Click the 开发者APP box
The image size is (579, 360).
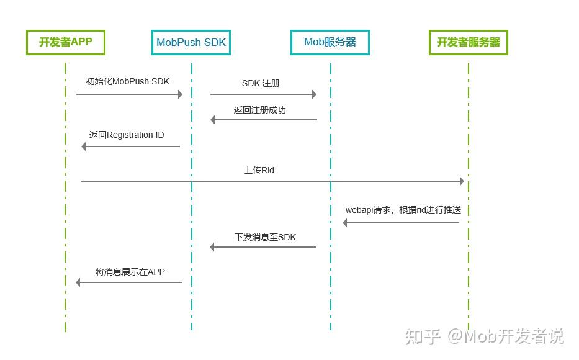pyautogui.click(x=65, y=42)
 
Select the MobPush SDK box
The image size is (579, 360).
pyautogui.click(x=191, y=42)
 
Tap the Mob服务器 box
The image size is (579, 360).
pyautogui.click(x=330, y=42)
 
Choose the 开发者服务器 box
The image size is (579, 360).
pyautogui.click(x=469, y=42)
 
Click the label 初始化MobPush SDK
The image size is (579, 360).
pyautogui.click(x=128, y=81)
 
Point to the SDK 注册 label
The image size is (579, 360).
pyautogui.click(x=261, y=83)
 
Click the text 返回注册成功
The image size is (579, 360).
pyautogui.click(x=260, y=110)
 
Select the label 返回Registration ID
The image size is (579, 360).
pyautogui.click(x=127, y=135)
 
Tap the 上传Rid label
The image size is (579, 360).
pyautogui.click(x=259, y=169)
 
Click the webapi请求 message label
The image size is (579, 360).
pyautogui.click(x=407, y=210)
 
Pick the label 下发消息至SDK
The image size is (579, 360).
pyautogui.click(x=265, y=236)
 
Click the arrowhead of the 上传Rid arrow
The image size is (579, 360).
pyautogui.click(x=461, y=181)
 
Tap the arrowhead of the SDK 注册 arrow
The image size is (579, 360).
pyautogui.click(x=313, y=94)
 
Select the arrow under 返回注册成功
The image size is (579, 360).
pyautogui.click(x=264, y=120)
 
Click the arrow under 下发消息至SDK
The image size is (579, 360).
pyautogui.click(x=264, y=247)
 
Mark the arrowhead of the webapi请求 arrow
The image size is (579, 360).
pyautogui.click(x=346, y=223)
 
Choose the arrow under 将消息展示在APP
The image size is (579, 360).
pyautogui.click(x=129, y=282)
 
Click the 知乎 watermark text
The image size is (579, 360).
pyautogui.click(x=423, y=336)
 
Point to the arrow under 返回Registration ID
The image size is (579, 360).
pyautogui.click(x=130, y=146)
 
